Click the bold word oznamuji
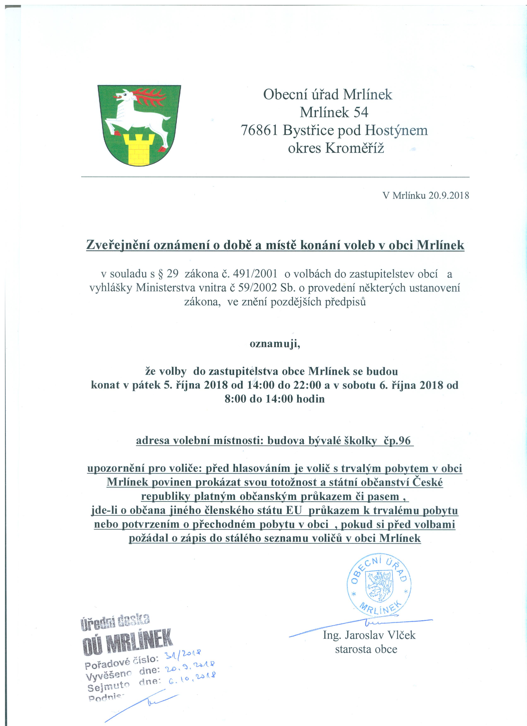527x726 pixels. (x=275, y=344)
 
